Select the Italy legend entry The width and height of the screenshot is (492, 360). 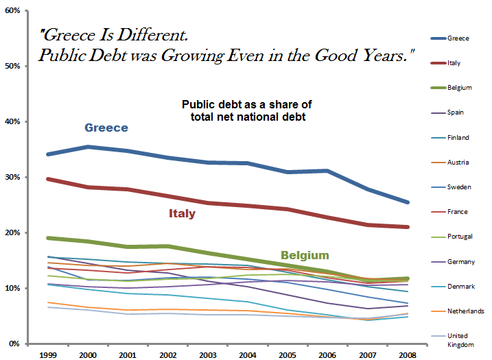pyautogui.click(x=454, y=63)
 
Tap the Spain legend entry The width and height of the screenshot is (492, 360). pyautogui.click(x=455, y=112)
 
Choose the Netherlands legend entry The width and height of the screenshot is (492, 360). pyautogui.click(x=464, y=311)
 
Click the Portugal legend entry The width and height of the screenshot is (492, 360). pyautogui.click(x=459, y=237)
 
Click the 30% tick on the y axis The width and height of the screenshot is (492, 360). pyautogui.click(x=11, y=178)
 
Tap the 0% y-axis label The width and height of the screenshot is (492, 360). pyautogui.click(x=13, y=344)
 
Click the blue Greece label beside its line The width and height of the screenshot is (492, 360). pyautogui.click(x=106, y=128)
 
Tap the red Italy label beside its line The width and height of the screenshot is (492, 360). pyautogui.click(x=182, y=213)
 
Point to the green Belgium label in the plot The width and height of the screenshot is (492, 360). pyautogui.click(x=304, y=255)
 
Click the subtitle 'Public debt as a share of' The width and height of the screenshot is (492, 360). pyautogui.click(x=246, y=104)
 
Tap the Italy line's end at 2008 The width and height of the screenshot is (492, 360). pyautogui.click(x=408, y=227)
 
